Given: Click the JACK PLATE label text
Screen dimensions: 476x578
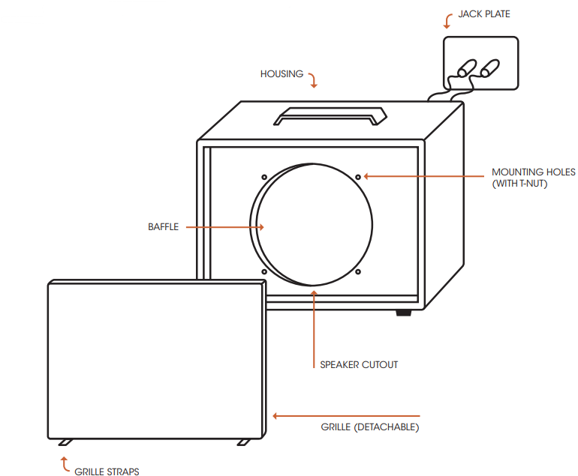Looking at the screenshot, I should [484, 13].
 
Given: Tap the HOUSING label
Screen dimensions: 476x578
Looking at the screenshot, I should [281, 74].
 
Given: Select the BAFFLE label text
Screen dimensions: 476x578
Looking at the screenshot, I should [163, 227].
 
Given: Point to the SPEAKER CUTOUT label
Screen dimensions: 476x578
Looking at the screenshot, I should [359, 365].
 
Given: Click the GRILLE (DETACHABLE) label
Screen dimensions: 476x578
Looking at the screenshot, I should [369, 427].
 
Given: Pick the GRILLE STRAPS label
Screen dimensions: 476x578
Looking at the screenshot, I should [107, 472].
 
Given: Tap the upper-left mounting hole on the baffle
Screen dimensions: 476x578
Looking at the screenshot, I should [265, 178].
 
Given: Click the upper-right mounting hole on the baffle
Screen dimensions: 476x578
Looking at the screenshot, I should [358, 177].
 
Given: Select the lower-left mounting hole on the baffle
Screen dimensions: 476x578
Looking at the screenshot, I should [265, 271].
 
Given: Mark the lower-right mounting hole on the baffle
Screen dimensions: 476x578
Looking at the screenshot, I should [358, 271].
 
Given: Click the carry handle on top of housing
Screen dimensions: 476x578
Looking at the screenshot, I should [330, 115].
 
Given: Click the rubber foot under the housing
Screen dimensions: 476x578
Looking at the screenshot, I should [404, 312].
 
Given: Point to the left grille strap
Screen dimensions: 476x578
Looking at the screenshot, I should [65, 442].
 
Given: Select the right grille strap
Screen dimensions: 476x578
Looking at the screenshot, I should [244, 442].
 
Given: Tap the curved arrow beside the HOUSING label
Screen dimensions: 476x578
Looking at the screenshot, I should [313, 79].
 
